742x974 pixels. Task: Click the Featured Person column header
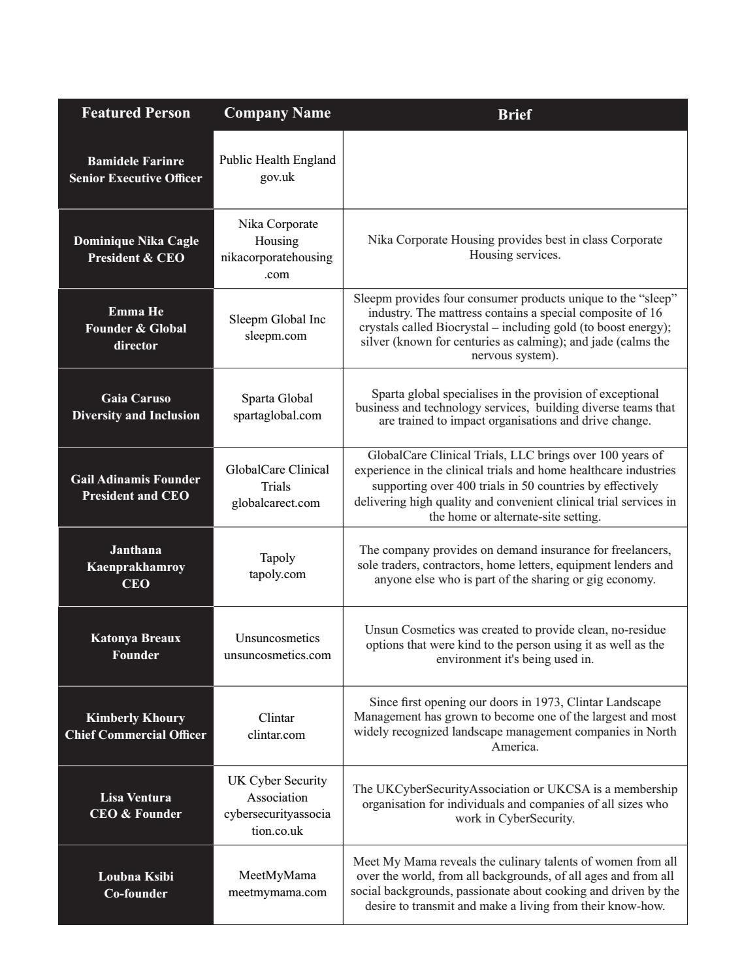coord(136,113)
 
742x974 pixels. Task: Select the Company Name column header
coord(277,113)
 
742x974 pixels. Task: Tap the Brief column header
coord(515,114)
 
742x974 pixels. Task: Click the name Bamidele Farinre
coord(136,161)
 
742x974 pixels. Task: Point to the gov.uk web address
coord(277,177)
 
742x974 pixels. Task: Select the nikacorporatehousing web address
coord(277,258)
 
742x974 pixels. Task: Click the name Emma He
coord(136,312)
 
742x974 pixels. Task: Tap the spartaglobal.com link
coord(277,415)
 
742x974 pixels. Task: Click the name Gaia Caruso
coord(136,398)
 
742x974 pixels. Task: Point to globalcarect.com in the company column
coord(277,503)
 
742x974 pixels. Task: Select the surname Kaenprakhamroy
coord(136,567)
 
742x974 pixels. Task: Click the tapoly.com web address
coord(277,574)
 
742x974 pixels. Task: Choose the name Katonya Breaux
coord(136,638)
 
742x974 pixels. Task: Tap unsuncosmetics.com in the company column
coord(277,655)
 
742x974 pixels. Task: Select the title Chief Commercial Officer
coord(136,735)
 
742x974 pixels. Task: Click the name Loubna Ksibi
coord(136,877)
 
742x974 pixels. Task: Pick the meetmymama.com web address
coord(277,892)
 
